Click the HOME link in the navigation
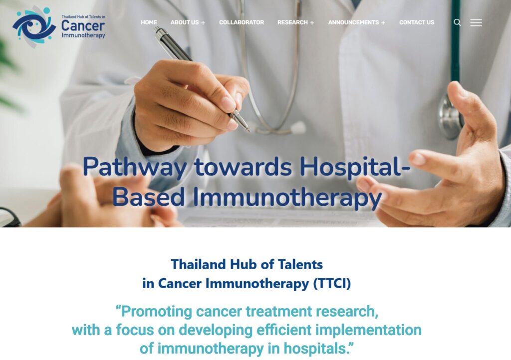click(149, 22)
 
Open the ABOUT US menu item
click(185, 22)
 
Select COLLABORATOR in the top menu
click(242, 22)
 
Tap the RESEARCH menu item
click(293, 22)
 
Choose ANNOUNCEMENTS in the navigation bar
click(353, 22)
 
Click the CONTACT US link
click(417, 22)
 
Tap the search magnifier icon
click(457, 22)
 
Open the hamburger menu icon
click(476, 22)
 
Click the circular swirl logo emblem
click(33, 26)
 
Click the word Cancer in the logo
click(83, 25)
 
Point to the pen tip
click(248, 130)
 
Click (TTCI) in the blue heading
click(332, 284)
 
